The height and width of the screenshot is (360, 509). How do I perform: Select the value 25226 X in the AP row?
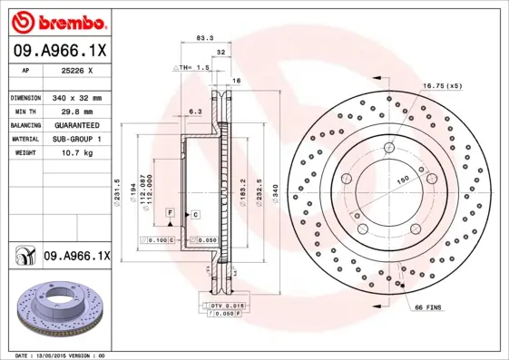click(x=64, y=69)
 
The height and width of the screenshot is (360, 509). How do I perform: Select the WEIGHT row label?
click(x=23, y=153)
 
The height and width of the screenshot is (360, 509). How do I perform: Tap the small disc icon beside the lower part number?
click(x=24, y=257)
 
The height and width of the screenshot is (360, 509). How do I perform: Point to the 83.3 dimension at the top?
click(x=204, y=38)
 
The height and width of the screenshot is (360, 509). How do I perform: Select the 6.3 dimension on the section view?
click(x=194, y=111)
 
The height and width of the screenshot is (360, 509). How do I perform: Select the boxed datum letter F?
click(x=169, y=211)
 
